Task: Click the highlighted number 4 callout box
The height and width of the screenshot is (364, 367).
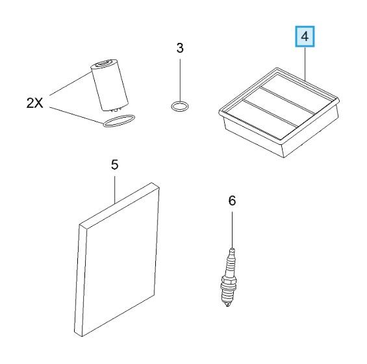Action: coord(305,36)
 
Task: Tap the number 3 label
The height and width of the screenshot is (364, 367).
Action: coord(180,48)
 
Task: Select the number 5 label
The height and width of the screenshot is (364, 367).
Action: coord(115,165)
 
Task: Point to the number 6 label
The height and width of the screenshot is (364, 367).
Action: coord(232,201)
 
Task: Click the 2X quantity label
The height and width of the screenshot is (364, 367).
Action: coord(34,103)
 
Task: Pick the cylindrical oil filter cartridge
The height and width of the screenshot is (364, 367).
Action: coord(110,84)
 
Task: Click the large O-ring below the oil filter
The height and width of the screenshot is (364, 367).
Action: coord(119,121)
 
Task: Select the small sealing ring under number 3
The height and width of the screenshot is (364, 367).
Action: coord(179,107)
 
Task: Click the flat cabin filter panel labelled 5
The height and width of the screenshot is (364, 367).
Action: coord(117,259)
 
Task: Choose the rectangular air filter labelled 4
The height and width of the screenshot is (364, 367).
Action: coord(279,112)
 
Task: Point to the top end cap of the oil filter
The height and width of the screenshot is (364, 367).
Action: coord(103,63)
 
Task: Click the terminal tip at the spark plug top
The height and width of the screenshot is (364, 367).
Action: coord(232,251)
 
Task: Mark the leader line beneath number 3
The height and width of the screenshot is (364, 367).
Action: coord(180,81)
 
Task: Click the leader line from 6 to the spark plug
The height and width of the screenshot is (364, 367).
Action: coord(232,230)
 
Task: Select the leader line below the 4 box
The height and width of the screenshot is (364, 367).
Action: coord(305,63)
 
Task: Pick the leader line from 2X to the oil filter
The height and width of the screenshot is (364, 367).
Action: coord(70,84)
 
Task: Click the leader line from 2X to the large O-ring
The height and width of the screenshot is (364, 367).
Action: coord(77,115)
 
